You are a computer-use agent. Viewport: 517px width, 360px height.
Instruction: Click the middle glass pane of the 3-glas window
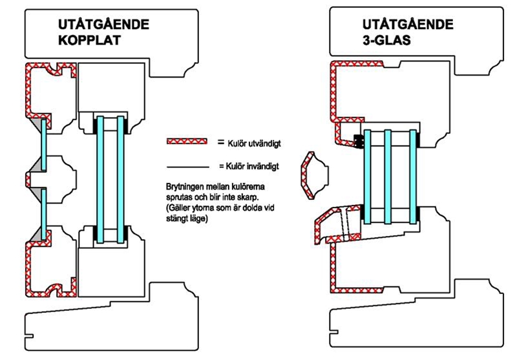click(388, 176)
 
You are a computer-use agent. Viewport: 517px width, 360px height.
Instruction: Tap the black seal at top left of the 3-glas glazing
click(359, 140)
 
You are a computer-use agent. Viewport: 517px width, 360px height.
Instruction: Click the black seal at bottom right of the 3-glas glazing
click(417, 213)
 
